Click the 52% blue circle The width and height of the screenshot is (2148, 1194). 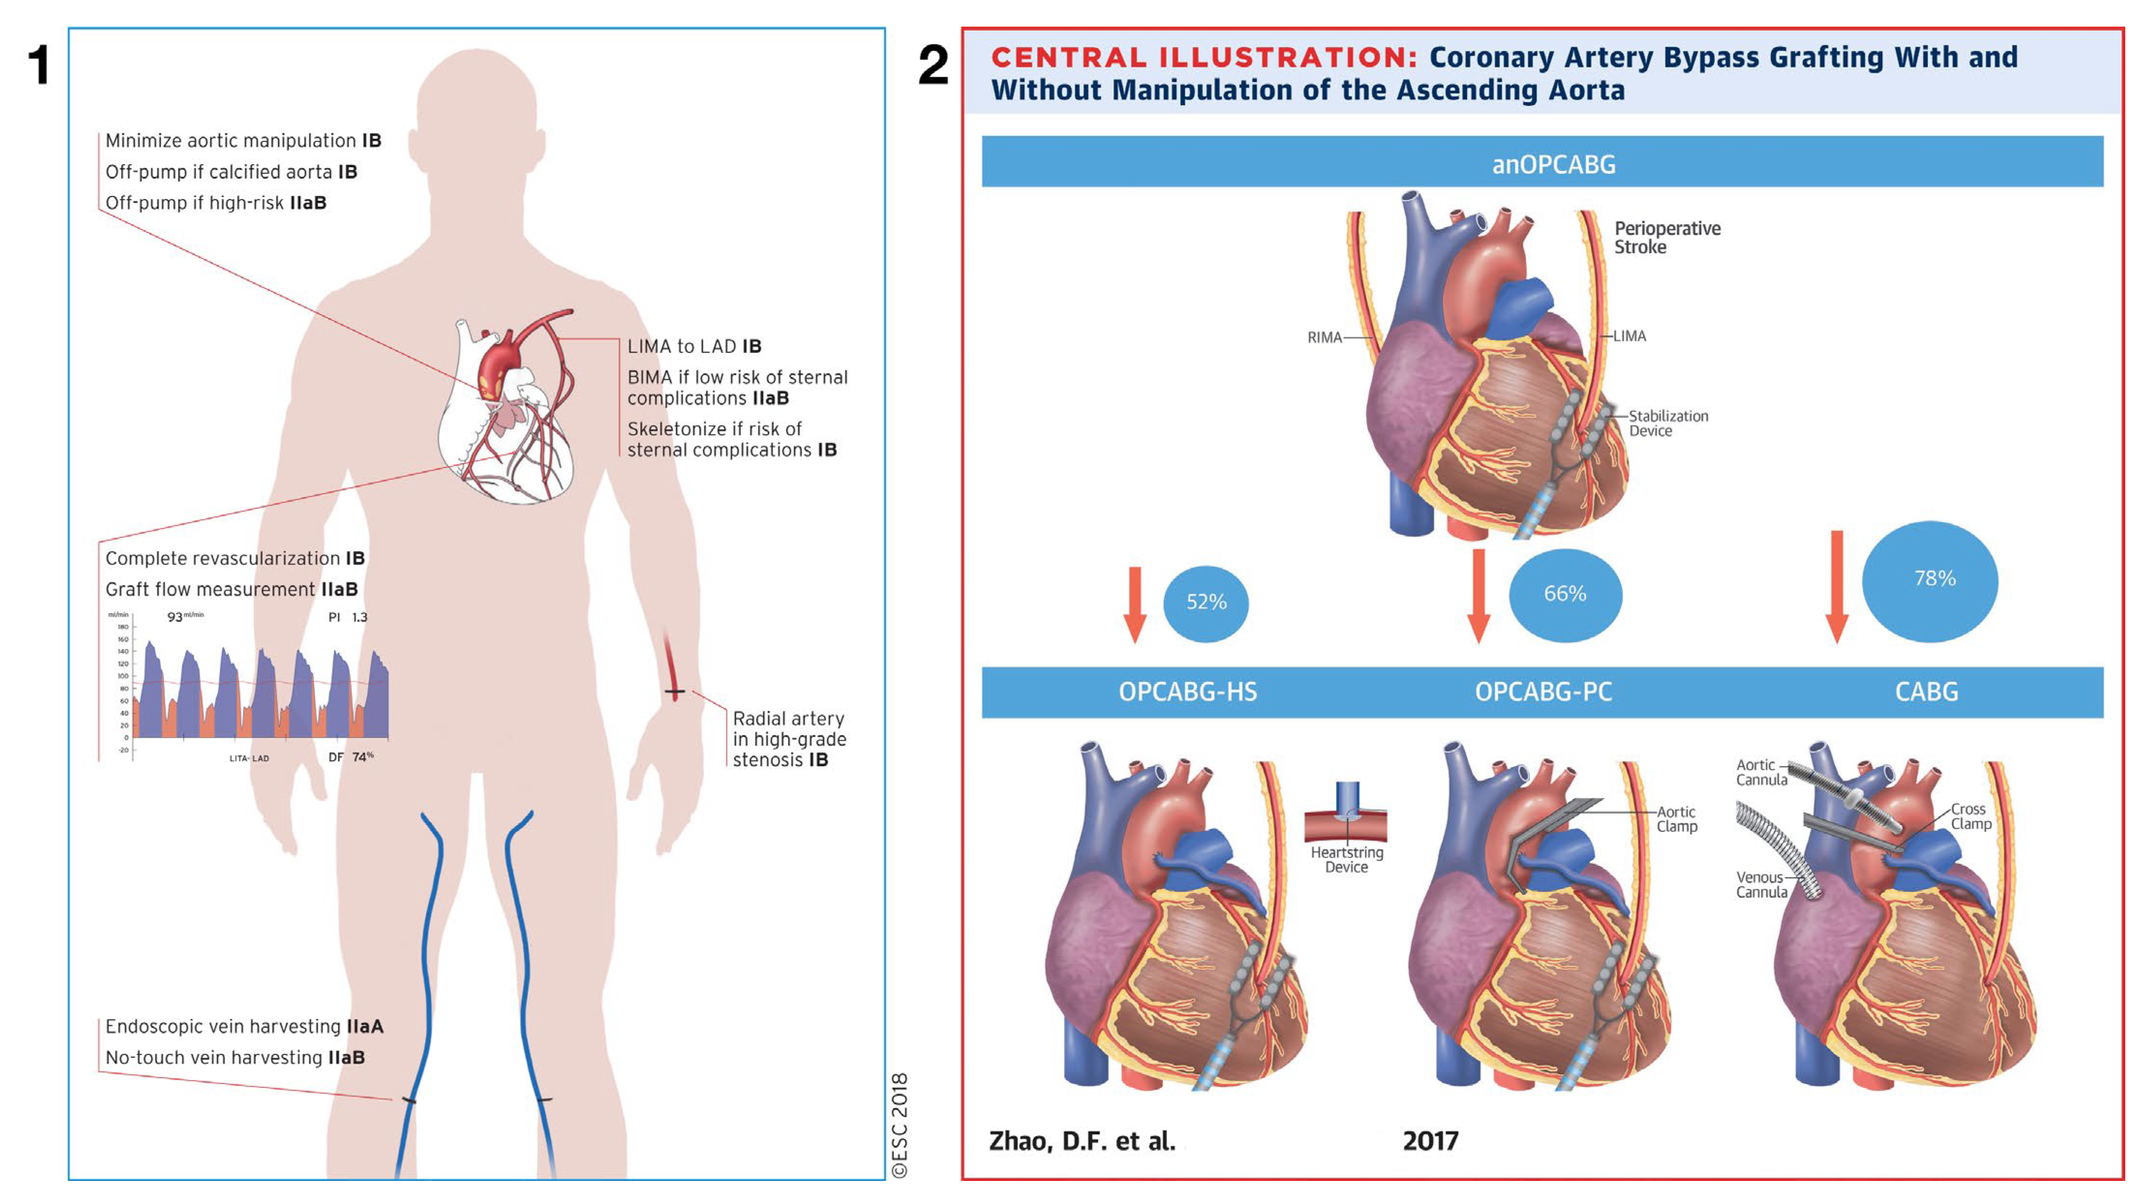[1206, 602]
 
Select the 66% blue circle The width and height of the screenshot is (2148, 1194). [1565, 594]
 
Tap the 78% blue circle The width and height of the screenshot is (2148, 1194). [1930, 580]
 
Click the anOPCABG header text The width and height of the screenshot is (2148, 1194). [1554, 164]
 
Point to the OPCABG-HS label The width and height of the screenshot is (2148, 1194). [1188, 692]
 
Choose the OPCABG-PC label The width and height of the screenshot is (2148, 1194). [1543, 692]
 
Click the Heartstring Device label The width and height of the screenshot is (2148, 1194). [1347, 859]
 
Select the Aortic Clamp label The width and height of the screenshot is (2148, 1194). [1676, 819]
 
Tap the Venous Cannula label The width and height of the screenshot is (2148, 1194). [1761, 885]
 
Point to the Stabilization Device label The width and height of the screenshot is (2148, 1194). [1668, 423]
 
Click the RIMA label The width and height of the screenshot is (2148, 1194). [1324, 337]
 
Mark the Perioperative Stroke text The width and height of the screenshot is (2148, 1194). [1666, 238]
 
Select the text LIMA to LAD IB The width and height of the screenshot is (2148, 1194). [694, 346]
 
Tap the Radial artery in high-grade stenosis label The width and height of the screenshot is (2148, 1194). [789, 739]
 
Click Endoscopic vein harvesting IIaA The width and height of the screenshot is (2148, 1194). [244, 1026]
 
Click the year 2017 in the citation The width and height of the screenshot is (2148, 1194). [1430, 1141]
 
